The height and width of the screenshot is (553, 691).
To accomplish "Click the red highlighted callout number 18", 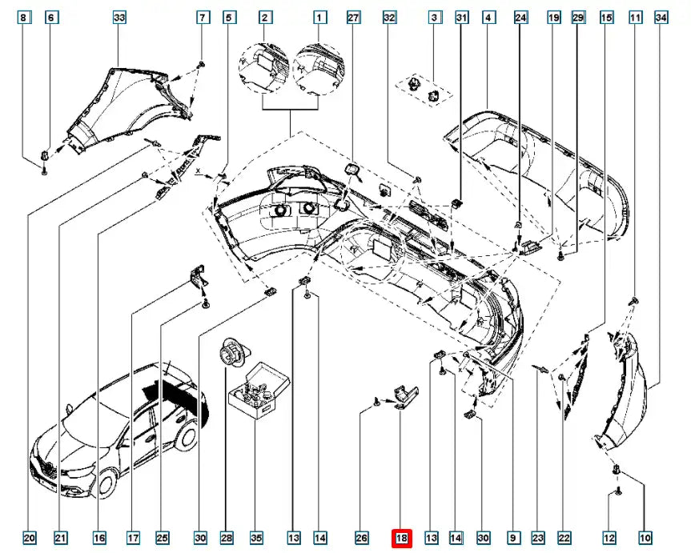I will tap(400, 539).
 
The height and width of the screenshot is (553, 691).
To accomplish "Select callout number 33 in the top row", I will tap(119, 17).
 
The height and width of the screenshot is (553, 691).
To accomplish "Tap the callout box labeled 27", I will tap(354, 17).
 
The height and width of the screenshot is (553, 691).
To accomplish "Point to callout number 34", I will tap(661, 17).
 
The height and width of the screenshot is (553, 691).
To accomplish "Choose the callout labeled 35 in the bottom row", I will tap(256, 539).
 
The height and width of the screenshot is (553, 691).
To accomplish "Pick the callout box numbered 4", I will tap(487, 17).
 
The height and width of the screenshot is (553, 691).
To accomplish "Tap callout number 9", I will tap(512, 539).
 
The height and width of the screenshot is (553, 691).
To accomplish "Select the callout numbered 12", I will tap(611, 539).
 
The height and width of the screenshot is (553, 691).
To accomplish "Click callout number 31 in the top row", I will tap(460, 17).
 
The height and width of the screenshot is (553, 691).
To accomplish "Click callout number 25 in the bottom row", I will tap(163, 539).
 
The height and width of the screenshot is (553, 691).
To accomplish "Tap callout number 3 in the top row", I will tap(435, 17).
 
